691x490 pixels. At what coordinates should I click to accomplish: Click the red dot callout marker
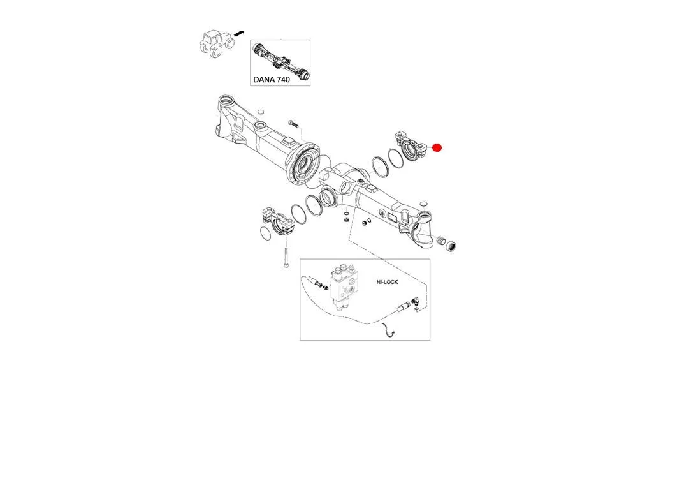click(x=437, y=148)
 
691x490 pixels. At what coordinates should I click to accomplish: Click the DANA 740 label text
click(x=271, y=80)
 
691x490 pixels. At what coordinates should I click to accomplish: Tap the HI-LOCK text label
click(x=386, y=281)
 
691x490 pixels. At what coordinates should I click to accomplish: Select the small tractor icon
click(x=215, y=43)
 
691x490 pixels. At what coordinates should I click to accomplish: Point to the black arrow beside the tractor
click(x=239, y=32)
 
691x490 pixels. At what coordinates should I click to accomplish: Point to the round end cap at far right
click(x=452, y=246)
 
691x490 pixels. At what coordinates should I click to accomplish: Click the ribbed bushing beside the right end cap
click(x=440, y=241)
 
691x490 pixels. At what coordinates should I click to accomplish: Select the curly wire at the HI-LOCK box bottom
click(x=387, y=331)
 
